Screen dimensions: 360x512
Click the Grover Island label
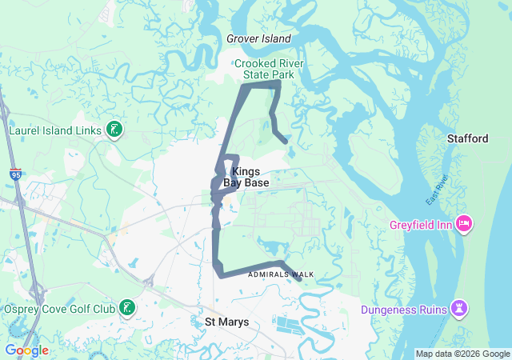[x=258, y=38]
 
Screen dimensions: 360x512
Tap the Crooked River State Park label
[x=265, y=69]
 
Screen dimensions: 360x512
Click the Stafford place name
[x=467, y=139]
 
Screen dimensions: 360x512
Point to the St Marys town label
[x=222, y=322]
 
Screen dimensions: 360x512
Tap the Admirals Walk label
[x=281, y=274]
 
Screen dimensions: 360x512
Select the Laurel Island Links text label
[x=54, y=130]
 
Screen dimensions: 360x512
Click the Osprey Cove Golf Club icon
[x=126, y=308]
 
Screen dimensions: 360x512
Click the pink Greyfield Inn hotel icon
[x=462, y=222]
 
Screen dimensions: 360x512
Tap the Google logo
[x=26, y=350]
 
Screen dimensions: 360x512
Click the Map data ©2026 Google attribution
[x=462, y=354]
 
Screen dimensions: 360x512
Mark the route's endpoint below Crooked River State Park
[x=286, y=142]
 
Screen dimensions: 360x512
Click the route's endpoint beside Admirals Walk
[x=298, y=279]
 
